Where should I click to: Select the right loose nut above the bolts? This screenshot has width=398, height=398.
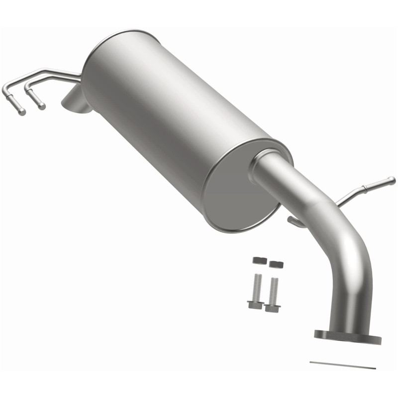coord(276,264)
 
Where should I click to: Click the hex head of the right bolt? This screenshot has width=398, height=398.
coord(272,308)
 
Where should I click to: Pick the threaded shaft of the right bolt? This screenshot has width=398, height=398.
coord(274,290)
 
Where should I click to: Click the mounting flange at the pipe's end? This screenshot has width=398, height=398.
coord(347,336)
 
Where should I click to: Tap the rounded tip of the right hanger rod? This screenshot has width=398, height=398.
coord(392,180)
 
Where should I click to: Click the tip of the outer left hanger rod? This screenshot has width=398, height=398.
coord(21,112)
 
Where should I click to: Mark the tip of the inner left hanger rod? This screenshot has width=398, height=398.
coord(42,106)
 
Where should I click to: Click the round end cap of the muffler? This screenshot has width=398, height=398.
coord(239,189)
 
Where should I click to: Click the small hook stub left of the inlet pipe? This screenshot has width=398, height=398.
coord(295,221)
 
